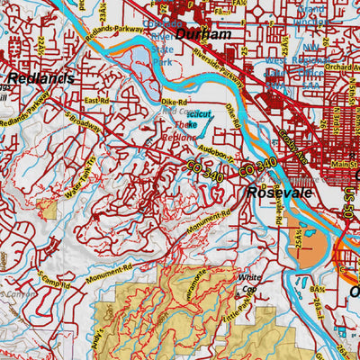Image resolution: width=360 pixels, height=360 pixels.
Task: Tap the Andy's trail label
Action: pos(111,318)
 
